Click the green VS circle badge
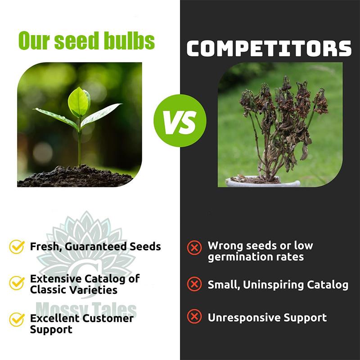(180, 121)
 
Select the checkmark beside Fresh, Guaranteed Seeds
(17, 247)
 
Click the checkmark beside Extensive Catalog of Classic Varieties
(17, 283)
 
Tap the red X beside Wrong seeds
(194, 247)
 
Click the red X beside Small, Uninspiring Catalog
(194, 284)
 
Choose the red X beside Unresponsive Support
(194, 317)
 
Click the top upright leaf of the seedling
(79, 101)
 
